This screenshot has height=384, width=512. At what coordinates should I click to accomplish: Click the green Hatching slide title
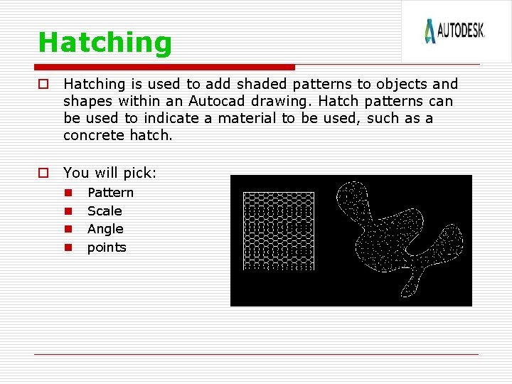click(105, 43)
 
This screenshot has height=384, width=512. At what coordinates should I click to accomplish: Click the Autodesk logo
click(455, 31)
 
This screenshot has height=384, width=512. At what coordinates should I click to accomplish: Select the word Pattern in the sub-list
click(110, 193)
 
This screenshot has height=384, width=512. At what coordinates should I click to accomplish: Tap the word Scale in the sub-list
click(105, 211)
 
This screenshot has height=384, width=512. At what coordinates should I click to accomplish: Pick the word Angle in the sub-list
click(105, 229)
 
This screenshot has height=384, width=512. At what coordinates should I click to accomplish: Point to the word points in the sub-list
click(107, 247)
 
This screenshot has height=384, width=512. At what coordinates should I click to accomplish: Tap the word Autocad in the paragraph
click(219, 102)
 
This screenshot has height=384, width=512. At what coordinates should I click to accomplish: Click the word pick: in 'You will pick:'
click(140, 173)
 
